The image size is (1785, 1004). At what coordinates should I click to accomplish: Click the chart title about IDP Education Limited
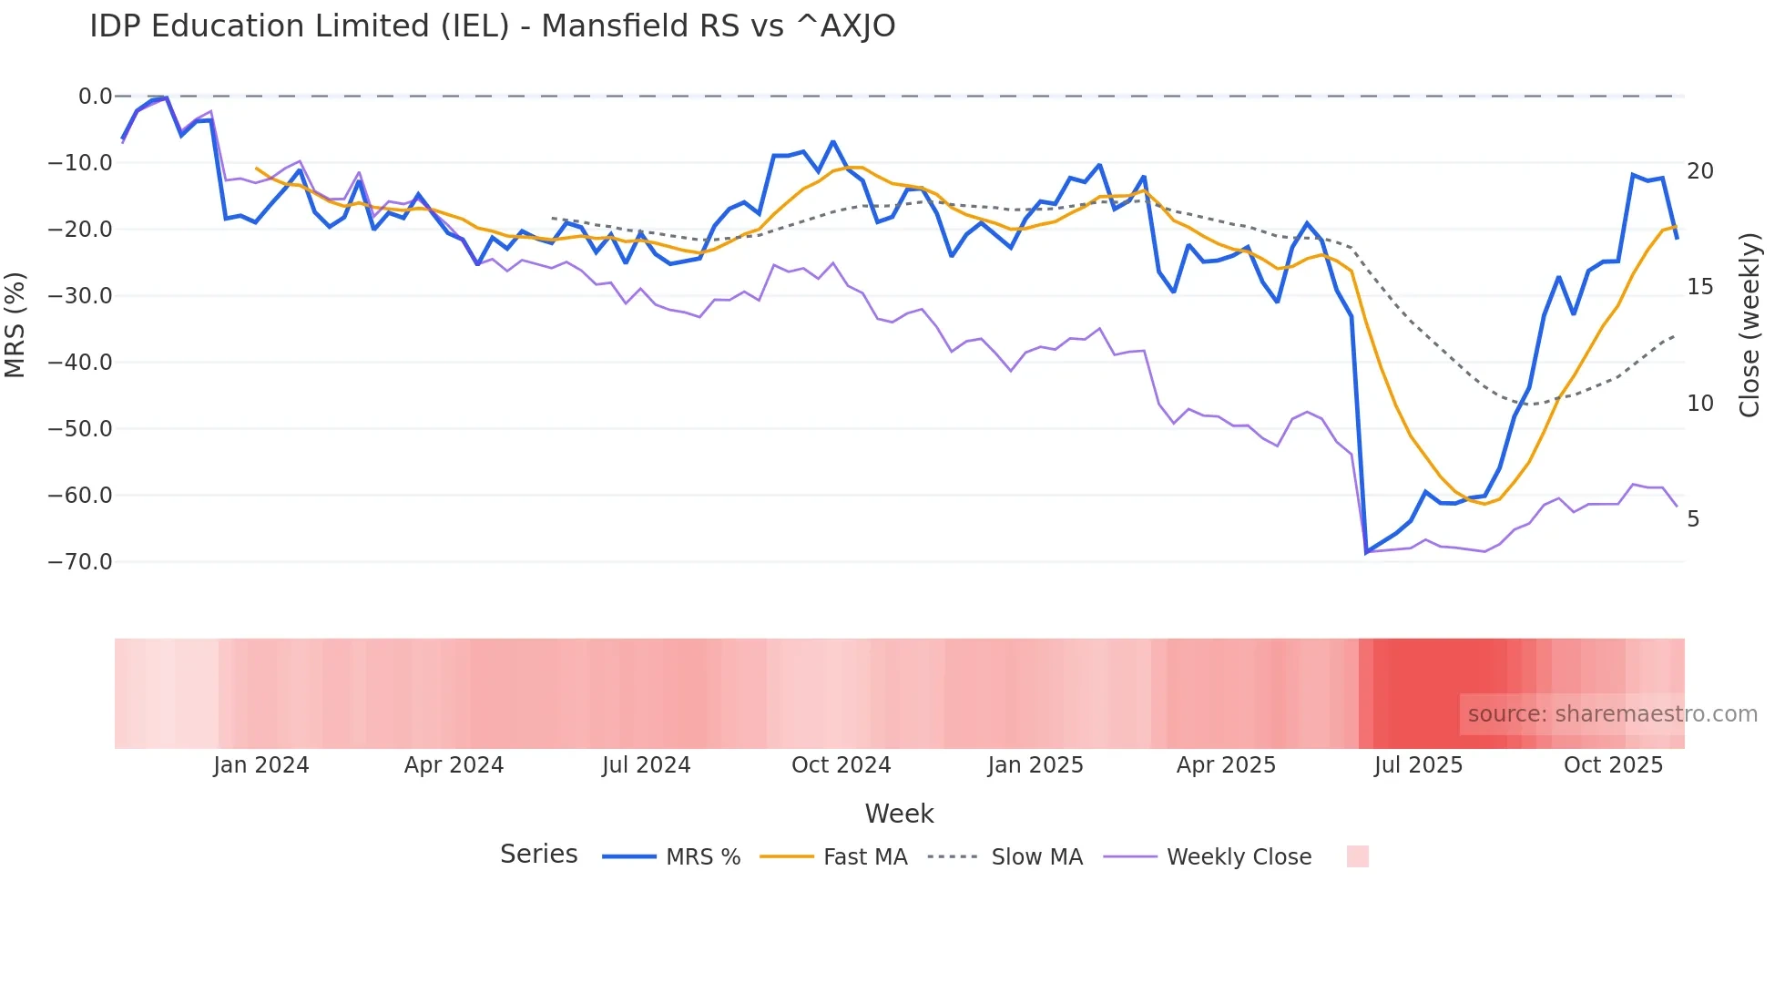492,26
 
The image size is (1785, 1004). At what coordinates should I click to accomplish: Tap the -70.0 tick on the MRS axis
80,562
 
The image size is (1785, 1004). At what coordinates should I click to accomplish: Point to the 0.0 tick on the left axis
95,97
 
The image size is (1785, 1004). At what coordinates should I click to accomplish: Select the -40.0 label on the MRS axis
80,363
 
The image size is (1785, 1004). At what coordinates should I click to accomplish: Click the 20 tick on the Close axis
1699,171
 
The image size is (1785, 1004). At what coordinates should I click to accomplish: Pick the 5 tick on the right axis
1693,519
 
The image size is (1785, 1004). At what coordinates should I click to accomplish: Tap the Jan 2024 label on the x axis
261,765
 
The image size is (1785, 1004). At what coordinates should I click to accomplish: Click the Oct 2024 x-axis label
841,765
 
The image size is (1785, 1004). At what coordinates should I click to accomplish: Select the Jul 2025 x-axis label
1418,765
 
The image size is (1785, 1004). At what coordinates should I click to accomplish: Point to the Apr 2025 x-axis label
1226,765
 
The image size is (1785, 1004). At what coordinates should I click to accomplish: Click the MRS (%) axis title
15,325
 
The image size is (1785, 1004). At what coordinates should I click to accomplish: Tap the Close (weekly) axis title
1749,325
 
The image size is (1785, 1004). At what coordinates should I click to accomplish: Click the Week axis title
899,814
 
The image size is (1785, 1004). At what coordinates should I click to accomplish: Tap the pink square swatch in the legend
1357,856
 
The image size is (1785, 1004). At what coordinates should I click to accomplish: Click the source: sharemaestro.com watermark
1612,714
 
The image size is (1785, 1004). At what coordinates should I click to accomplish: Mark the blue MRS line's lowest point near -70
1366,552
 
